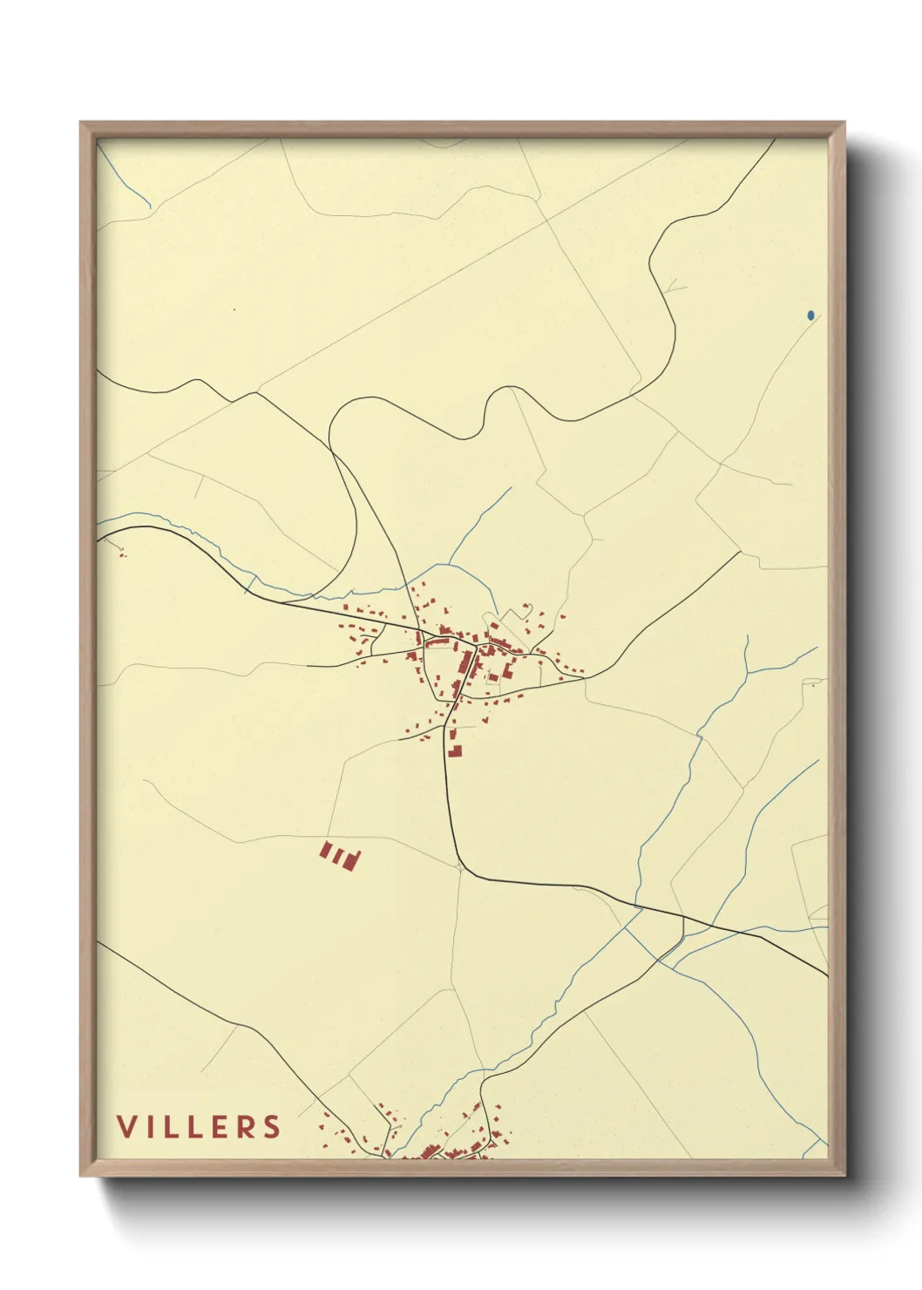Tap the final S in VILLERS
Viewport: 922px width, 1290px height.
[x=273, y=1126]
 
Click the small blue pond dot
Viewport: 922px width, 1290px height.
[x=810, y=316]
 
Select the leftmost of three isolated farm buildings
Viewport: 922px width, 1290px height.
[x=326, y=850]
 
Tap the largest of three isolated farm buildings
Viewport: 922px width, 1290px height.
[x=352, y=859]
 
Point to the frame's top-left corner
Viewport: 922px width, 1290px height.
[x=81, y=123]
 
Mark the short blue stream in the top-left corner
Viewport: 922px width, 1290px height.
[x=126, y=179]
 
